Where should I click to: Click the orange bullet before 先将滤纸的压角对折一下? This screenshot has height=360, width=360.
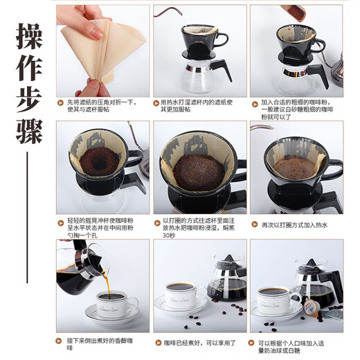pyautogui.click(x=61, y=102)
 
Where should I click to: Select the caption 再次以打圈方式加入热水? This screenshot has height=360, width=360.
pyautogui.click(x=293, y=225)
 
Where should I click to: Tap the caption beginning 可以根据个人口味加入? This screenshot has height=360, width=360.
pyautogui.click(x=294, y=345)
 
